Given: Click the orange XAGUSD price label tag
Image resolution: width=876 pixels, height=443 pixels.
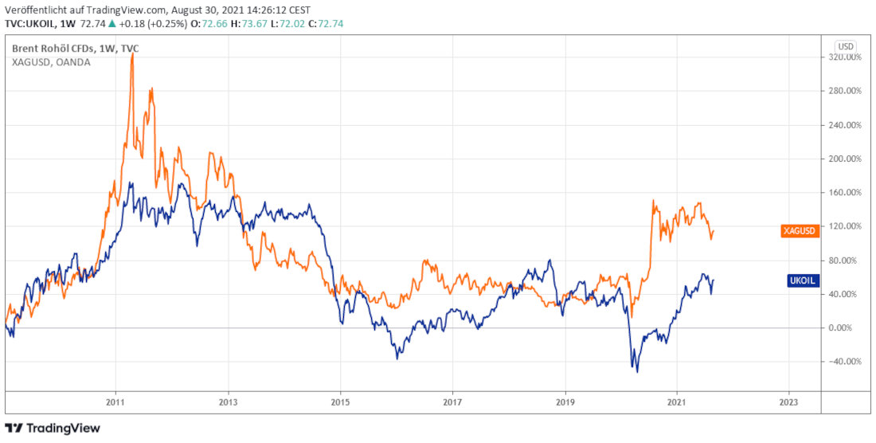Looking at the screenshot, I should point(799,230).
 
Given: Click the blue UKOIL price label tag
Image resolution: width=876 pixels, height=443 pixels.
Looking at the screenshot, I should point(801,281).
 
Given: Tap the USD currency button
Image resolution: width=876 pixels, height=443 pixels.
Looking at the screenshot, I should point(846,46).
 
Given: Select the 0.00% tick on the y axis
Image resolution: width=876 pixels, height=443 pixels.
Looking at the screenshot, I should point(847,327).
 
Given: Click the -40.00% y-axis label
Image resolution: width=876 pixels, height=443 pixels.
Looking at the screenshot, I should point(845,362).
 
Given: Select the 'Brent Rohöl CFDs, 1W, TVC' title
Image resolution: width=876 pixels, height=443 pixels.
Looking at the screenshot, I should point(76,49).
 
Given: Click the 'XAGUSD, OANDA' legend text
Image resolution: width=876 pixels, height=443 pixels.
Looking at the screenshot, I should point(51,62).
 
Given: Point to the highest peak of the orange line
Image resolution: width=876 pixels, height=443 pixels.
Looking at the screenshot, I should point(132,54).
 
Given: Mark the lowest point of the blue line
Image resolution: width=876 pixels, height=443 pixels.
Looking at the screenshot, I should point(637,371).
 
